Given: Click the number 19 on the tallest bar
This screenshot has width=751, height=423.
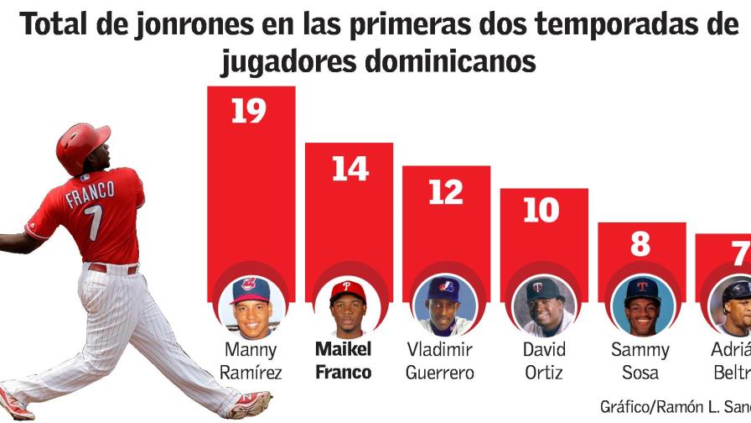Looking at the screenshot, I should point(249,112).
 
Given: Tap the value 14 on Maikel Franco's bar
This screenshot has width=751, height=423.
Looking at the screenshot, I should point(350,169).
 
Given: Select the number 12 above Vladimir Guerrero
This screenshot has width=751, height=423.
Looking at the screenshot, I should point(446,192).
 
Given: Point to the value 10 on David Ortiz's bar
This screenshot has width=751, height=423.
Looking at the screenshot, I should point(541,211).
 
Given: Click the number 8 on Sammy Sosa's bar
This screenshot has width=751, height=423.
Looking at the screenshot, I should point(640,244).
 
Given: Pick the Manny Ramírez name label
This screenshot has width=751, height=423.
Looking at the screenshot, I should point(251,361).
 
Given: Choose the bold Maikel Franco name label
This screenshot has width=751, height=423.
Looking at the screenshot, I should point(344,361).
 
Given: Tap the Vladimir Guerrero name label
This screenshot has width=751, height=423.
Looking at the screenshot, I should point(440,361).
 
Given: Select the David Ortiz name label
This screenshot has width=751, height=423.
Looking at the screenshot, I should point(544,361).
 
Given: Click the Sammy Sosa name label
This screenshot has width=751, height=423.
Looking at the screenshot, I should point(640,361).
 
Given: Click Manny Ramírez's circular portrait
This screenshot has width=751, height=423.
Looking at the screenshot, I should point(251,305).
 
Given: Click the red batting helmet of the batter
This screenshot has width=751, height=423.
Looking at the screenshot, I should point(82,144).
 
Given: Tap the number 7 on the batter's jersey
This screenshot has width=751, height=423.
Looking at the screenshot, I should point(94,223).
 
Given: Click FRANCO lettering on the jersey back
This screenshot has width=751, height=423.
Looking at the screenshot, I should point(90,197).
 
